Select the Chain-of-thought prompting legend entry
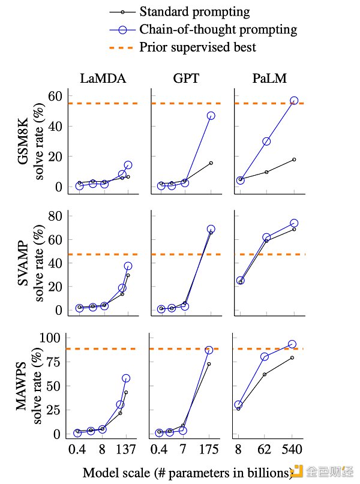coord(218,28)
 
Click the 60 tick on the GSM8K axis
coord(56,96)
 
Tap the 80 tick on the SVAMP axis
coord(56,216)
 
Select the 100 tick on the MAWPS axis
coord(53,338)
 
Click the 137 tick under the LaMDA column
coord(125,449)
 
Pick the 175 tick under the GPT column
coord(210,449)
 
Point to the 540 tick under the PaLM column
coord(292,449)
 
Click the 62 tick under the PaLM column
coord(266,449)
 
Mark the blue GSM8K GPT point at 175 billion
coord(211,116)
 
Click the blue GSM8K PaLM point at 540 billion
coord(294,101)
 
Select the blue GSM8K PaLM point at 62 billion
coord(266,142)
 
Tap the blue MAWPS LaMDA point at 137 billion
coord(126,378)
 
